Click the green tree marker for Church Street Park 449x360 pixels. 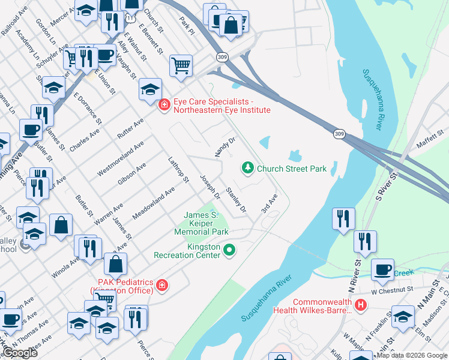pyautogui.click(x=247, y=168)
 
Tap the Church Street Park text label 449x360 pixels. pyautogui.click(x=292, y=169)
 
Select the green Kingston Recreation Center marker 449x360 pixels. pyautogui.click(x=229, y=250)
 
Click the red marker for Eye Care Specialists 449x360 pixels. pyautogui.click(x=163, y=106)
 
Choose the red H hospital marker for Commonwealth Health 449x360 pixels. pyautogui.click(x=360, y=305)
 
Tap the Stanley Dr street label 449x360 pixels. pyautogui.click(x=235, y=200)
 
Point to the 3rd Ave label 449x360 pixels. pyautogui.click(x=269, y=203)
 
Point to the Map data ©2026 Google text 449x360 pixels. pyautogui.click(x=412, y=355)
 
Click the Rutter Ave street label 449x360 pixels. pyautogui.click(x=131, y=129)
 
